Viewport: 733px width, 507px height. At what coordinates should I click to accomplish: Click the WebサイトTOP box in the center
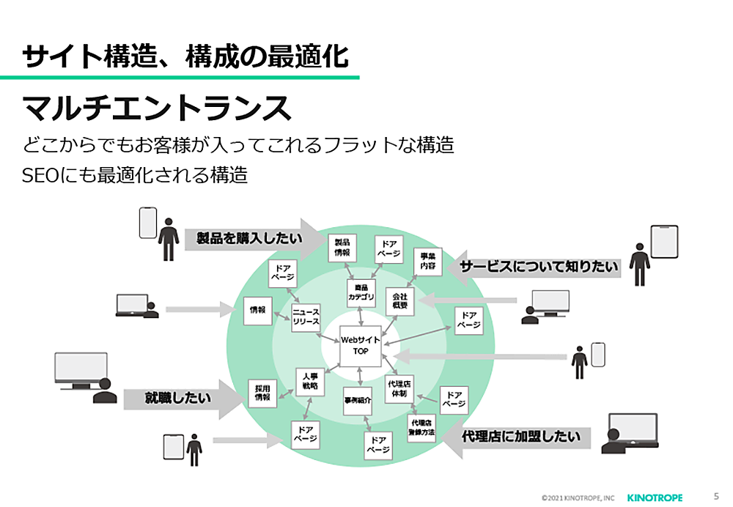pos(360,346)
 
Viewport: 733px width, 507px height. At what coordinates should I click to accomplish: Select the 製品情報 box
pos(342,248)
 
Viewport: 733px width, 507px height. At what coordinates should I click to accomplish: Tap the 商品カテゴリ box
pos(361,293)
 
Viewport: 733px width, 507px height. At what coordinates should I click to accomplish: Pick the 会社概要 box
pos(399,300)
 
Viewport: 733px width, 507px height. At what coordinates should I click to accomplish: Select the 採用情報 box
pos(262,393)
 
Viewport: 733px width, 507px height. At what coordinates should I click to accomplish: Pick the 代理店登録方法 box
pos(422,428)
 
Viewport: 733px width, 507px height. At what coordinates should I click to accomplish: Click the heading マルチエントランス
pos(158,108)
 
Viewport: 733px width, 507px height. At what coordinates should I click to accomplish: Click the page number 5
pos(715,496)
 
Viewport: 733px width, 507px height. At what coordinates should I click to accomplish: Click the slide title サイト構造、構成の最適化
pos(185,56)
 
